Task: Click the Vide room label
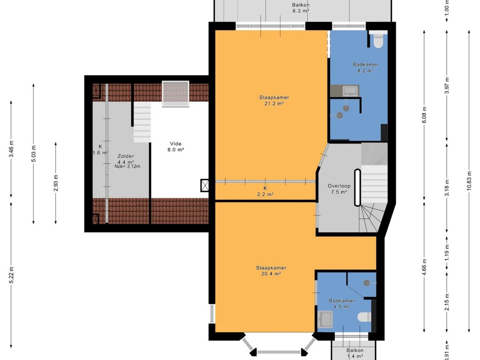pos(176,143)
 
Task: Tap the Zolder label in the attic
pos(126,156)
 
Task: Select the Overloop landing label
pos(339,186)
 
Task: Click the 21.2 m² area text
pos(274,104)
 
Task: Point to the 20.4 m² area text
pos(271,274)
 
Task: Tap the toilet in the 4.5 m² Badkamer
pos(365,317)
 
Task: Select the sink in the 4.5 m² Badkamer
pos(325,320)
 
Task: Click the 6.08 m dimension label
pos(424,114)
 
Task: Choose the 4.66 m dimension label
pos(424,267)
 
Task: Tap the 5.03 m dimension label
pos(34,153)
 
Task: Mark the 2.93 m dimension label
pos(56,183)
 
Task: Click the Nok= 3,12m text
pos(127,166)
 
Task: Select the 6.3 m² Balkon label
pos(300,8)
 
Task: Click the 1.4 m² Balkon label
pos(355,353)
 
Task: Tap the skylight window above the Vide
pos(175,94)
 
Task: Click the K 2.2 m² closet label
pos(265,191)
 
